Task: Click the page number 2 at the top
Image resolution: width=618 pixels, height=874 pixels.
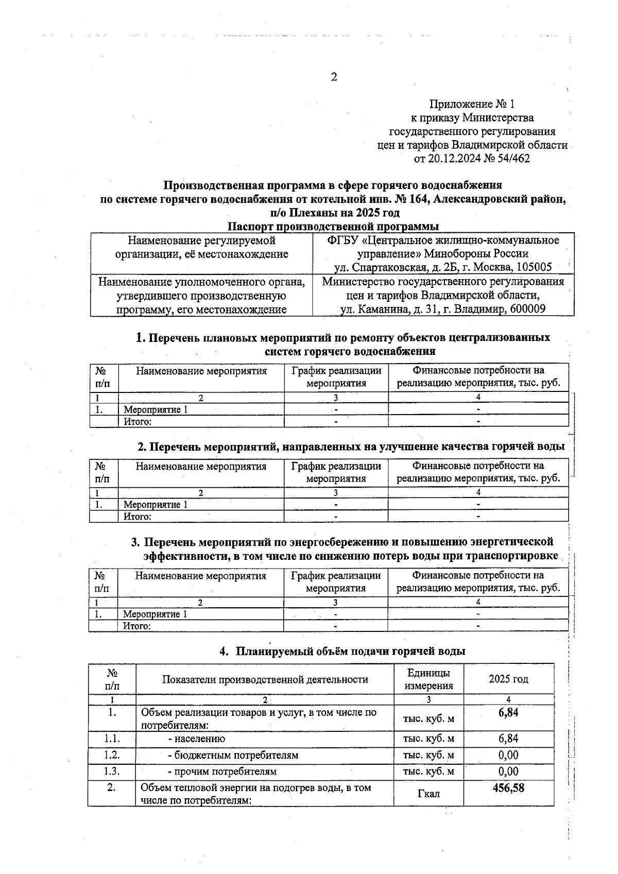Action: [334, 77]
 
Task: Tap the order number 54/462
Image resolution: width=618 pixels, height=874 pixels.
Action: [512, 159]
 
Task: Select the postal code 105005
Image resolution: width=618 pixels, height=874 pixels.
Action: [534, 267]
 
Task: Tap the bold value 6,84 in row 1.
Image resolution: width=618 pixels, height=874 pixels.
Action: [508, 712]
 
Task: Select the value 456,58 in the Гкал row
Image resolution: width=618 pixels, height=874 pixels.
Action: [508, 787]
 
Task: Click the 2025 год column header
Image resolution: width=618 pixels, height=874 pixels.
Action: [508, 679]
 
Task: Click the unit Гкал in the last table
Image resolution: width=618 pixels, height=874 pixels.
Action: [428, 794]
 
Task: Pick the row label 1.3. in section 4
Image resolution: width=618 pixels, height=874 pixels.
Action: [112, 772]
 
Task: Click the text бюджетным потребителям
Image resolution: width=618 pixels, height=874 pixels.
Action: [233, 755]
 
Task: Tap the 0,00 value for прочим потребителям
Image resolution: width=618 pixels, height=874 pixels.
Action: [508, 772]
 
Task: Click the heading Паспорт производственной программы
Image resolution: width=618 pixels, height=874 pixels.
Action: [333, 227]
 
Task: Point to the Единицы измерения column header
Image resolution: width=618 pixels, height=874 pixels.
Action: [428, 679]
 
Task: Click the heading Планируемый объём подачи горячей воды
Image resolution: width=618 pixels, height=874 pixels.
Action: [350, 651]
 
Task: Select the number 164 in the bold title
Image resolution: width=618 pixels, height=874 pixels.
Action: [419, 199]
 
